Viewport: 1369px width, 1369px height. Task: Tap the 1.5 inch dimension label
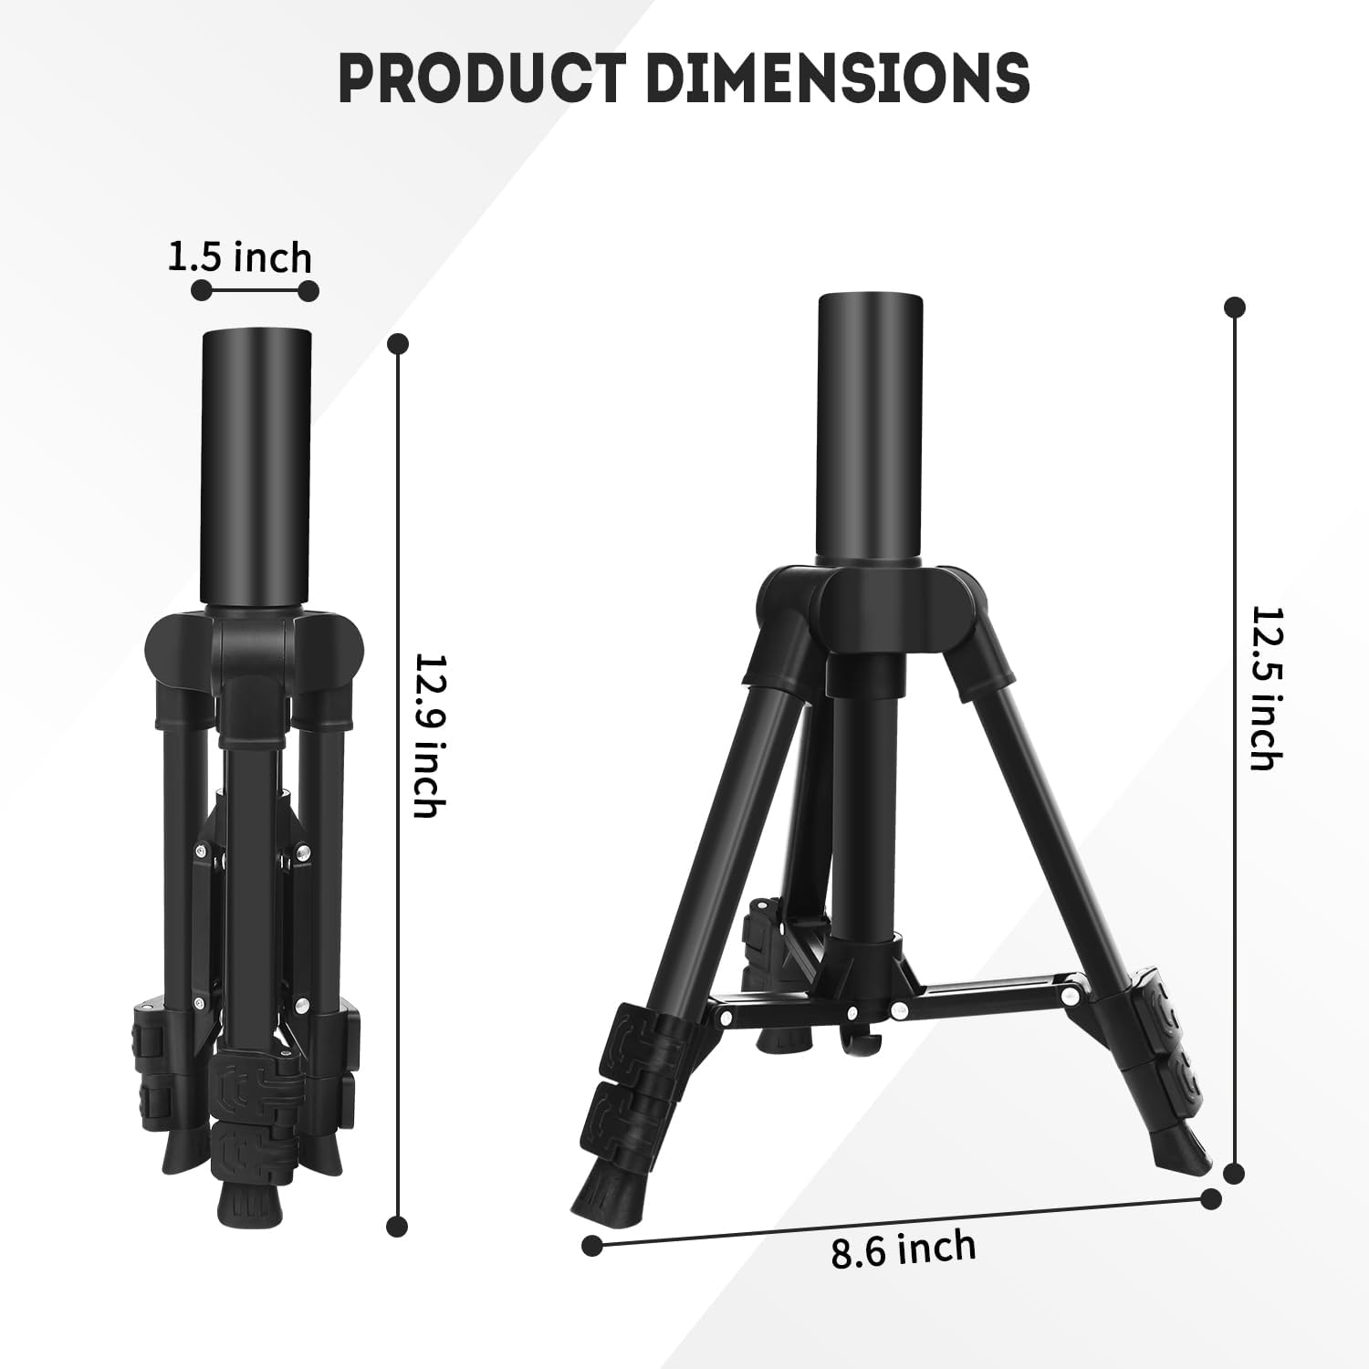pos(240,258)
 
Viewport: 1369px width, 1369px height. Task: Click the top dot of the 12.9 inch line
pos(397,344)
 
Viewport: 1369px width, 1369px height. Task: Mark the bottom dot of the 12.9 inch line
pos(396,1225)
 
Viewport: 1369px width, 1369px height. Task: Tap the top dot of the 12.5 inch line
pos(1236,307)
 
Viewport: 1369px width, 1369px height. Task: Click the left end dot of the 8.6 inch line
pos(592,1243)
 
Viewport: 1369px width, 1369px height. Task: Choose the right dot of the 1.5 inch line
pos(308,291)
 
